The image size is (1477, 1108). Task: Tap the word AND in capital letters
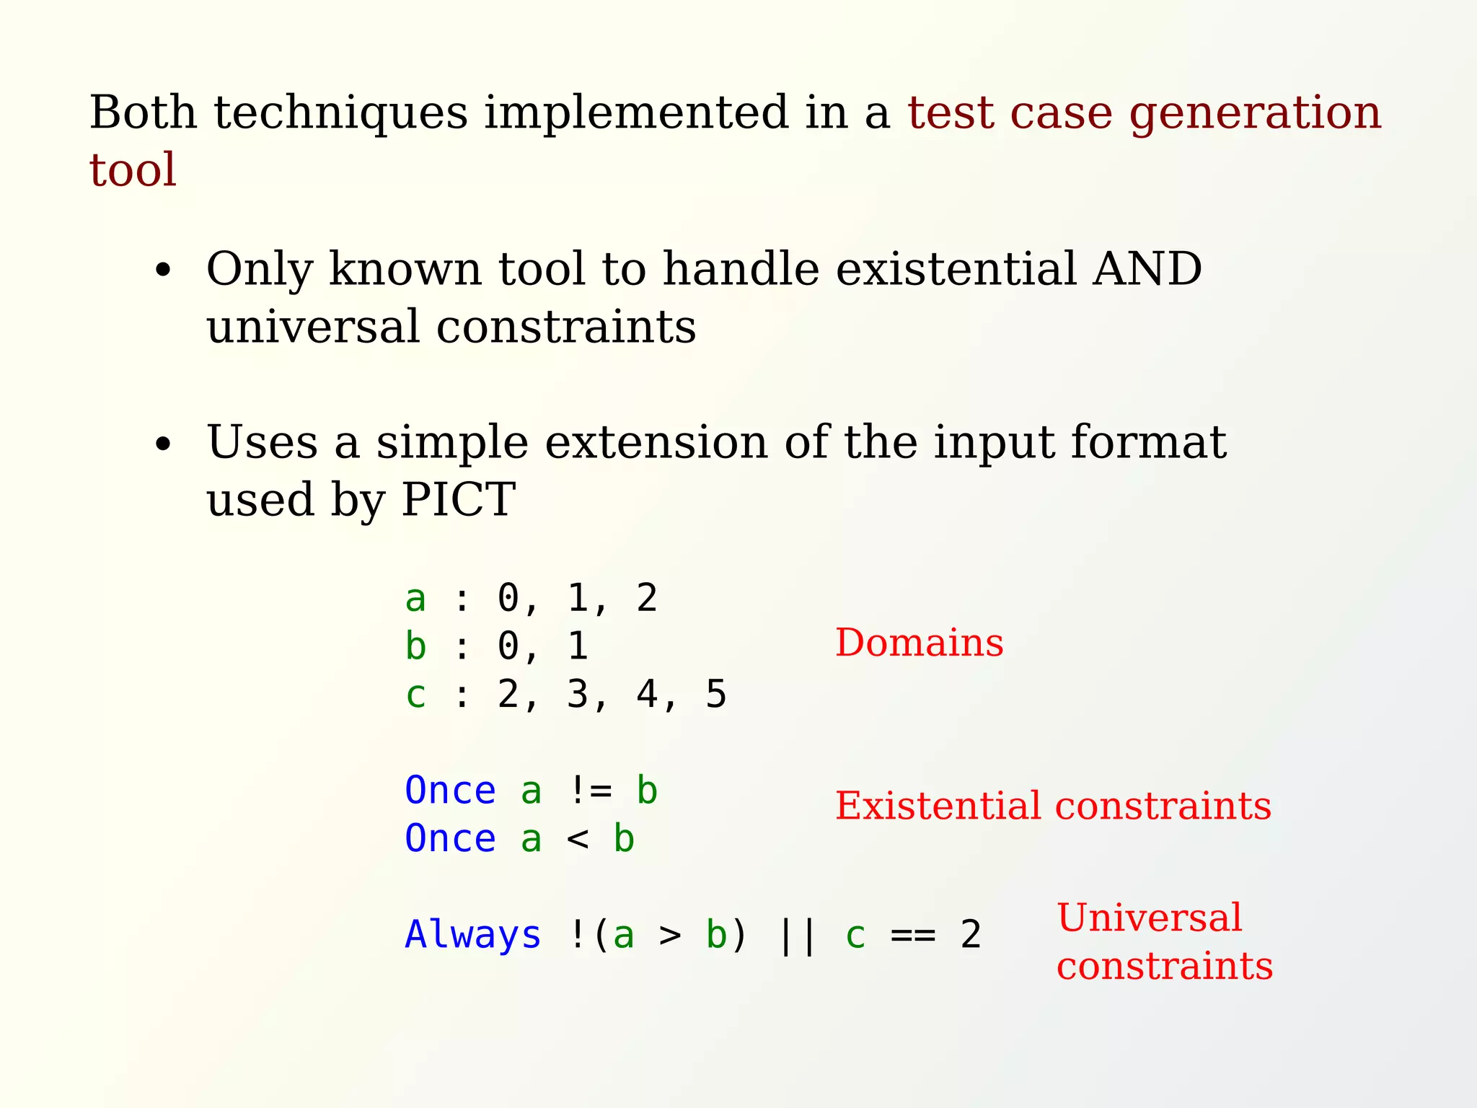pyautogui.click(x=1147, y=268)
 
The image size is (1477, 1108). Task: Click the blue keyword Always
pyautogui.click(x=473, y=936)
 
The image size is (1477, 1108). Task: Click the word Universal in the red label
pyautogui.click(x=1150, y=918)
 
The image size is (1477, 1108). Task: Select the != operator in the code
pyautogui.click(x=590, y=791)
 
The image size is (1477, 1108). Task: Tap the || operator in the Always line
pyautogui.click(x=798, y=936)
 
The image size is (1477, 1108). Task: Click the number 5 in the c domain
pyautogui.click(x=715, y=695)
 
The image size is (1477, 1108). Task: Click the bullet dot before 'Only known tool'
pyautogui.click(x=164, y=271)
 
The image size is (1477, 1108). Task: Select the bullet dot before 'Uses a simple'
pyautogui.click(x=164, y=444)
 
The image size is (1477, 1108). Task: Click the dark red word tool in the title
pyautogui.click(x=133, y=170)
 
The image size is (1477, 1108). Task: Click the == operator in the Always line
pyautogui.click(x=913, y=936)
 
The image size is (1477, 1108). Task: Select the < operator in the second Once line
pyautogui.click(x=578, y=839)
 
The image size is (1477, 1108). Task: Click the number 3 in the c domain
pyautogui.click(x=578, y=695)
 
